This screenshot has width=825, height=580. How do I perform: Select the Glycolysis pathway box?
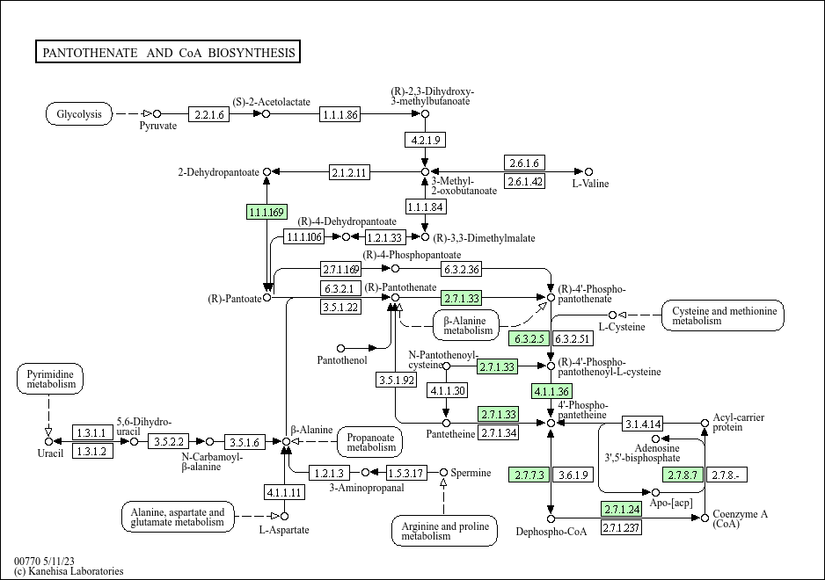(79, 113)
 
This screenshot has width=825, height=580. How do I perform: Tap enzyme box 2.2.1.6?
(209, 114)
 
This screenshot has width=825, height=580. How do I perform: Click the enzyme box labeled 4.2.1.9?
(425, 140)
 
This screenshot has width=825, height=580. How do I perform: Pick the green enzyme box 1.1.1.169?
(266, 212)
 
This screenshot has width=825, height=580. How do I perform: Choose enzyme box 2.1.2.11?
(349, 171)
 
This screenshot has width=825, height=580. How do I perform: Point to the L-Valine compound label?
(590, 184)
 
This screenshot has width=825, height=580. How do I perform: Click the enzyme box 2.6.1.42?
(525, 182)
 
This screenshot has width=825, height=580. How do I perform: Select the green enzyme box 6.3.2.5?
(529, 338)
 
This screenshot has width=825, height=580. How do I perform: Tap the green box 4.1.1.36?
(551, 391)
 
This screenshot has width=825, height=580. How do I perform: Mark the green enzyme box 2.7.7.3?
(529, 475)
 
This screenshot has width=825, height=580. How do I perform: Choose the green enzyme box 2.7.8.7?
(683, 475)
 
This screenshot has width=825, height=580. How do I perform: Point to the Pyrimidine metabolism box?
(49, 380)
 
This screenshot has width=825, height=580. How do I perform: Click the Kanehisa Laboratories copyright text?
(69, 571)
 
